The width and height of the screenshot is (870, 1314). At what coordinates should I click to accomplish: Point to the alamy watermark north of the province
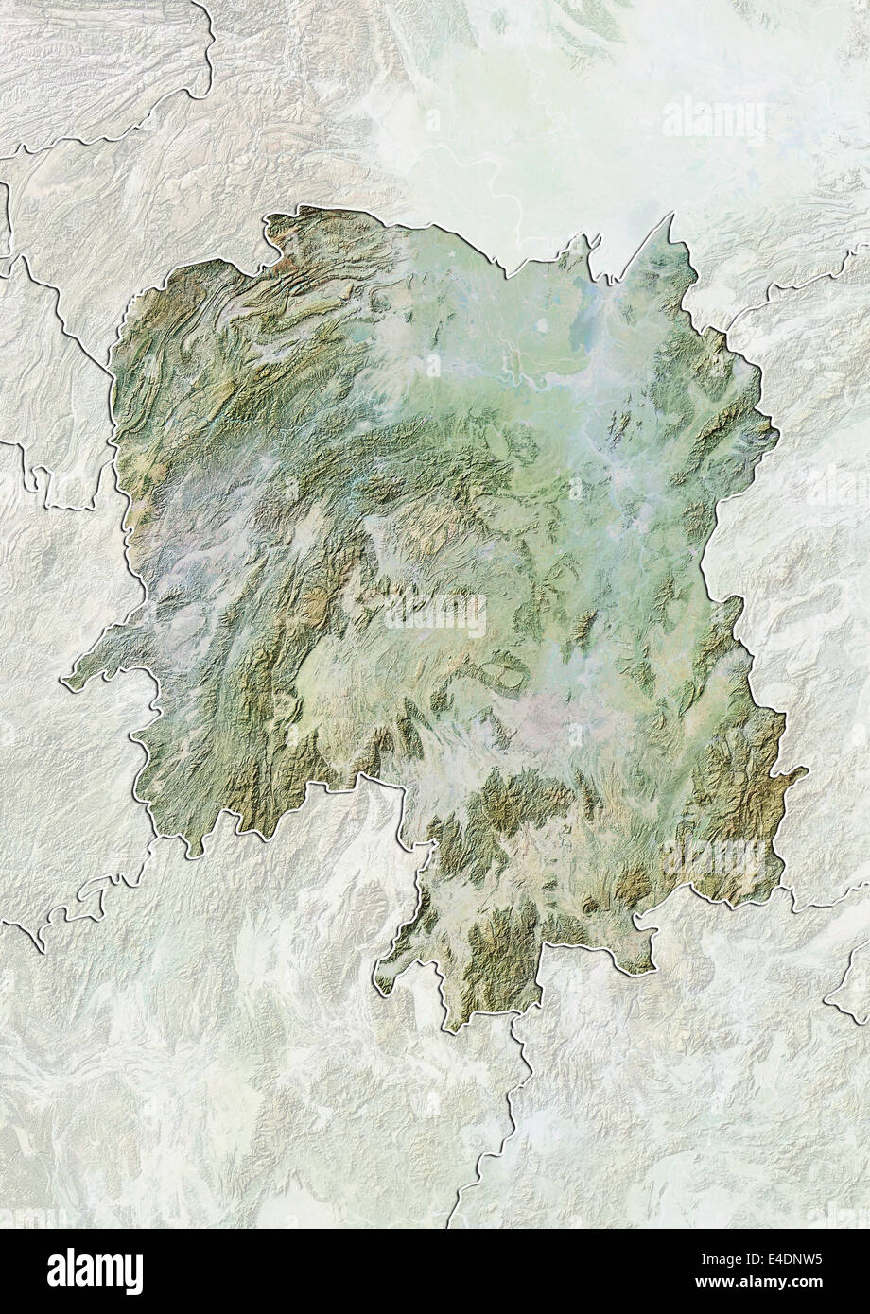click(715, 120)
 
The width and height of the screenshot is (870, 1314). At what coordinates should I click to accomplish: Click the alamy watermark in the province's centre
click(435, 617)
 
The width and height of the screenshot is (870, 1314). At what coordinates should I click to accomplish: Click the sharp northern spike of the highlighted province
click(672, 216)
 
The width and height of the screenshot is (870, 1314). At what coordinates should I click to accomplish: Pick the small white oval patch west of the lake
click(543, 327)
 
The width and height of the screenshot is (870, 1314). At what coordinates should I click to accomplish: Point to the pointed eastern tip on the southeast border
click(805, 775)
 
